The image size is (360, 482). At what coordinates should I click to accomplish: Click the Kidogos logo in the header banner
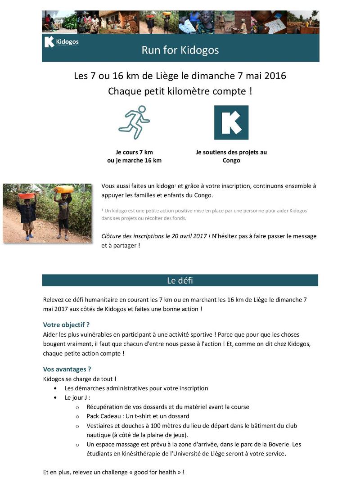coord(61,43)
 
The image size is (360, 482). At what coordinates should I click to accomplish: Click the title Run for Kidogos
coord(180,50)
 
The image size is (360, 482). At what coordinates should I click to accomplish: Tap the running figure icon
coord(134,122)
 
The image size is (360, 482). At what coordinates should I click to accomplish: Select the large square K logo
coord(231,122)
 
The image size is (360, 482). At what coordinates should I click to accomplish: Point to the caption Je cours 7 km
coord(134,152)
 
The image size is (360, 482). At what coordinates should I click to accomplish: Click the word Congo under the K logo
coord(231,160)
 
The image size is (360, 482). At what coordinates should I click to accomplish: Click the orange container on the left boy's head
coord(27,196)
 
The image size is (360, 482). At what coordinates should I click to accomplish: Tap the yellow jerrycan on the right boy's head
coord(64,189)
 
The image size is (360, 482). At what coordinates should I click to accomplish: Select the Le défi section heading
coord(180,280)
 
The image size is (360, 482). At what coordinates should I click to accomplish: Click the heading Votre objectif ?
coord(66,324)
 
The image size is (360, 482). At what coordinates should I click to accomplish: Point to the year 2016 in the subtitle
coord(274,76)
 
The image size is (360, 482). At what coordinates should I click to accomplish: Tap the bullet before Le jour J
coord(55,398)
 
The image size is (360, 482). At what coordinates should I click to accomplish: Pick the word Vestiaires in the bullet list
coord(100,426)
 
